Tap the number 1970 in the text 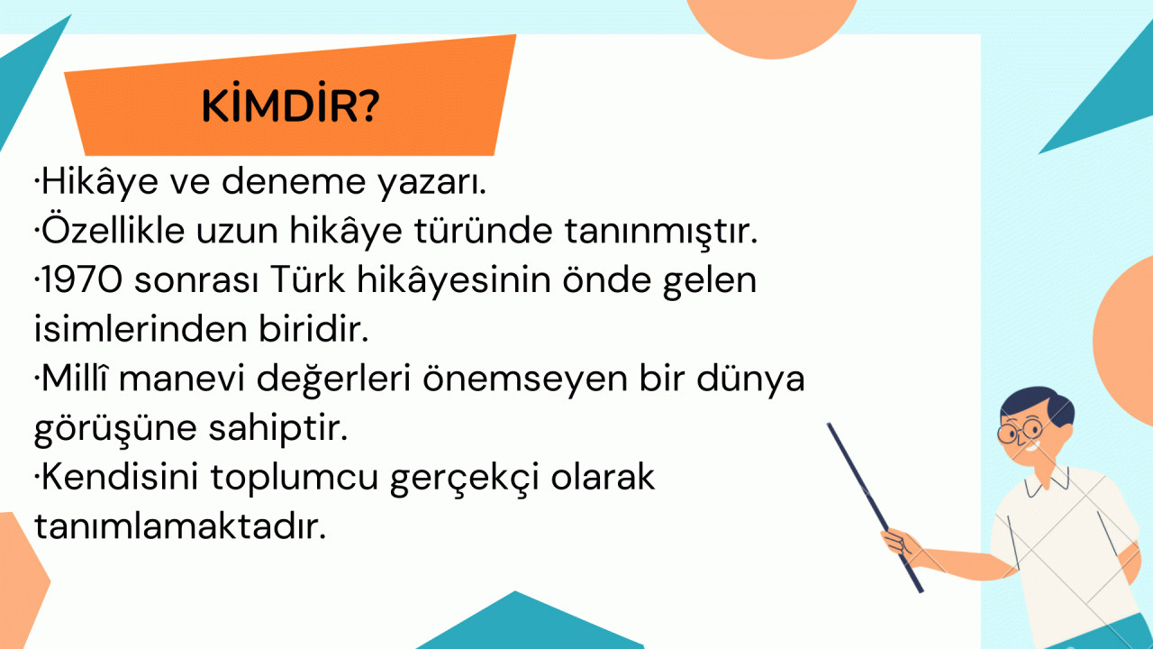point(82,279)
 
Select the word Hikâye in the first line point(99,182)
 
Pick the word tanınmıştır point(661,232)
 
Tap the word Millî point(75,378)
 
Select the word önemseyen point(525,379)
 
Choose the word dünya point(750,379)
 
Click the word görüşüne point(115,428)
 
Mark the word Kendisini point(120,477)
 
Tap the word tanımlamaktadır point(180,526)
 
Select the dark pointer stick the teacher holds point(875,507)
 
